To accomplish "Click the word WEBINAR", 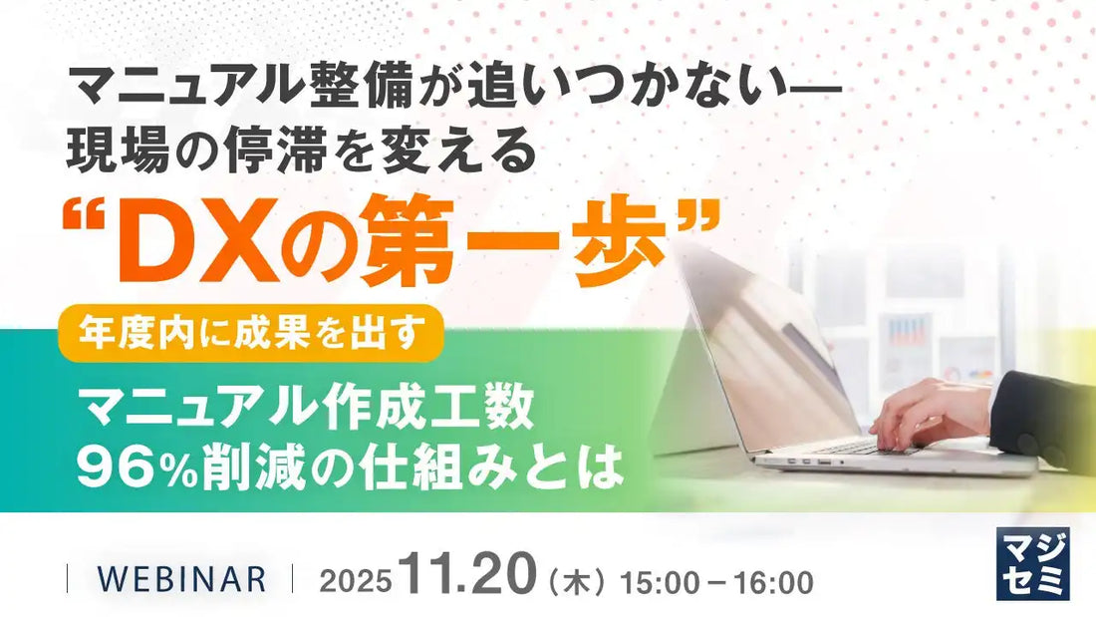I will pyautogui.click(x=180, y=579).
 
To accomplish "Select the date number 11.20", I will pyautogui.click(x=465, y=576).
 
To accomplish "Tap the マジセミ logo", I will pyautogui.click(x=1032, y=564).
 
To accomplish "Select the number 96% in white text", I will pyautogui.click(x=129, y=466).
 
